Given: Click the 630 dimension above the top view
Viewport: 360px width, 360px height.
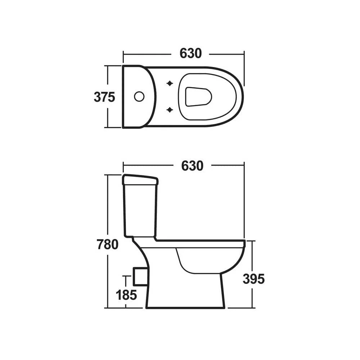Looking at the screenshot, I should (190, 54).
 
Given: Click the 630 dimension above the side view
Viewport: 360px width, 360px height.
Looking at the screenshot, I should (192, 166).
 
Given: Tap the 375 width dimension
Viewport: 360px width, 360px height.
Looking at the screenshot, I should (104, 97).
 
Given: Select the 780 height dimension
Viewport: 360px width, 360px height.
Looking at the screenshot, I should (107, 244).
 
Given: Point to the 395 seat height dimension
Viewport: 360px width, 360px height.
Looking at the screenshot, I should (253, 279).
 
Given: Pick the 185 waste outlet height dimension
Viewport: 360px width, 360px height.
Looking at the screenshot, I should (126, 295).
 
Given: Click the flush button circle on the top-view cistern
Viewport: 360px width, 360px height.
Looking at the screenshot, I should (139, 96).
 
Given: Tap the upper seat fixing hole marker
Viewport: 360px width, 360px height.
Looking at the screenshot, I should (170, 84).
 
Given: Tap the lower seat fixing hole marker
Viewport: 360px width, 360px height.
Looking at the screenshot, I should (170, 109).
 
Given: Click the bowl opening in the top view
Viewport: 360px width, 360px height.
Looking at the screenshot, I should (198, 96).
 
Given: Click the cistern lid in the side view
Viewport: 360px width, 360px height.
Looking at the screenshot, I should (140, 180).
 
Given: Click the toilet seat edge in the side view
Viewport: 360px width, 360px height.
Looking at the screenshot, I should (202, 243).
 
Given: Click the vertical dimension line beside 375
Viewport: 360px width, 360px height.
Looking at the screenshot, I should (107, 77).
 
